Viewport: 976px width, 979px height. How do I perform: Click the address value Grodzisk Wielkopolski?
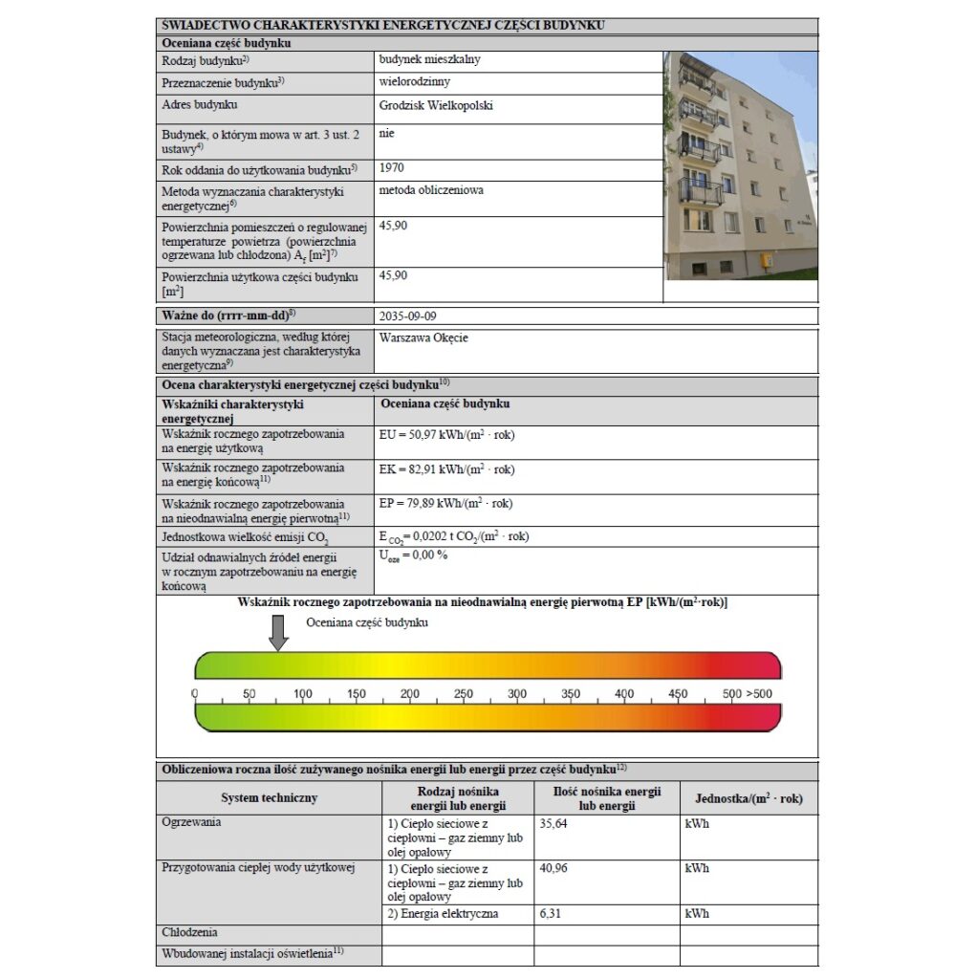tap(436, 106)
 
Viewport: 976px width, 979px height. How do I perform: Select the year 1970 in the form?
tap(392, 167)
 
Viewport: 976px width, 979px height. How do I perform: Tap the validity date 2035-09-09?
tap(411, 315)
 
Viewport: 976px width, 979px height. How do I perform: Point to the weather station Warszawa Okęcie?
tap(423, 337)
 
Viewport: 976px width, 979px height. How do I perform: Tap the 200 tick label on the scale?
tap(410, 694)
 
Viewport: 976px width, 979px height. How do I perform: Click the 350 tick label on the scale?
tap(571, 694)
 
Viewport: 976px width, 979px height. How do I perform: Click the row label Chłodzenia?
tap(190, 932)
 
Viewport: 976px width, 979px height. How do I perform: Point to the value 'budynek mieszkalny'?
tap(430, 59)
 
